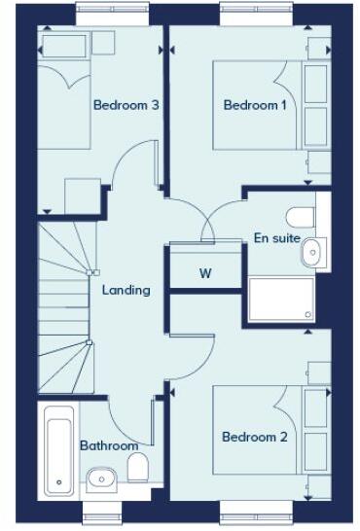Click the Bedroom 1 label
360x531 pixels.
point(254,105)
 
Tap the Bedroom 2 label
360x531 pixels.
point(254,438)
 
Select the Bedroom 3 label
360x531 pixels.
point(126,105)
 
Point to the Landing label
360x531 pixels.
point(126,290)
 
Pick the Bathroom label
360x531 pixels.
point(109,445)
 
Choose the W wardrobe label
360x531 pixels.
point(205,273)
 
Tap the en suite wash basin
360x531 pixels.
point(311,252)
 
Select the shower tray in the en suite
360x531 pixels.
point(281,299)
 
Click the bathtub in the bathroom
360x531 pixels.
point(57,447)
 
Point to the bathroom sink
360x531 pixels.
point(101,478)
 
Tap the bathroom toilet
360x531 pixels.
point(139,468)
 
